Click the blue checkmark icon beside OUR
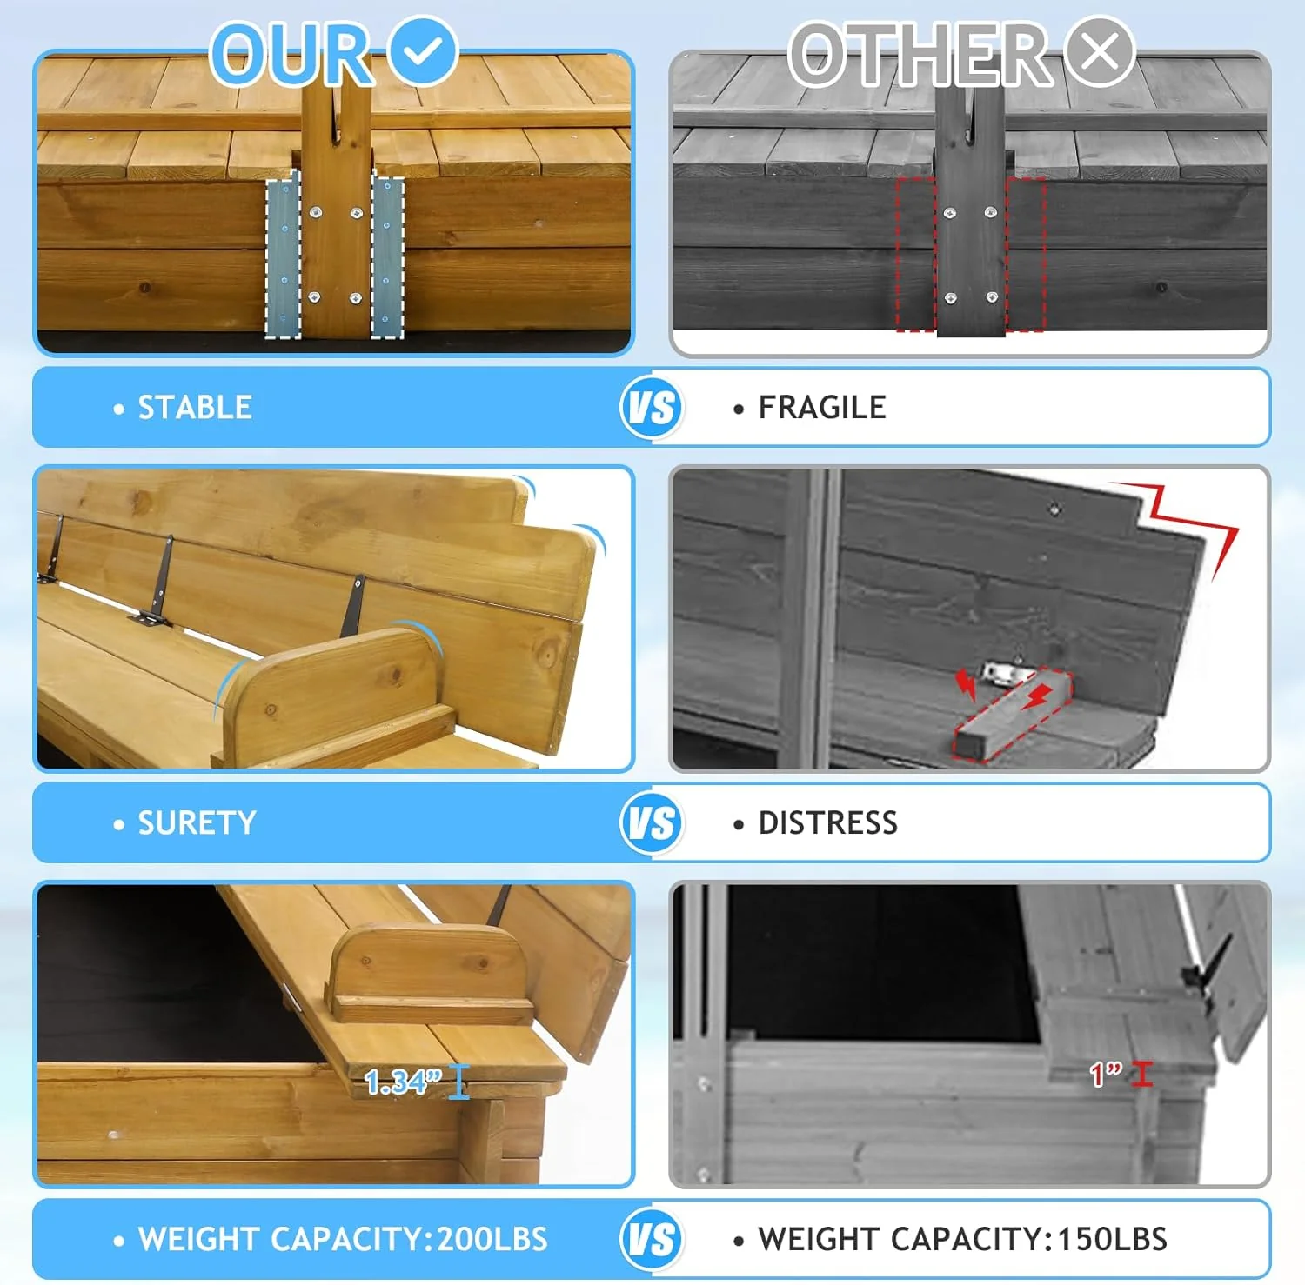coord(423,50)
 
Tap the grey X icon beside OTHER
coord(1100,50)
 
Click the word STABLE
coord(195,407)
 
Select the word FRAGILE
coord(822,407)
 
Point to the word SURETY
coord(197,822)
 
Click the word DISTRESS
coord(827,822)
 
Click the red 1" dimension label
coord(1107,1074)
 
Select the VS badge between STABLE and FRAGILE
coord(652,407)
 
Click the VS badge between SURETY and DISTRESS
coord(652,822)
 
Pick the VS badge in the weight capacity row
coord(652,1238)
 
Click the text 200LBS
coord(492,1239)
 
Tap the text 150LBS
coord(1112,1239)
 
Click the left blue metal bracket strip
coord(283,258)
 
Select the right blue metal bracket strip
coord(387,258)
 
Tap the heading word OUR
coord(293,54)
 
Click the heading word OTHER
coord(920,54)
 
